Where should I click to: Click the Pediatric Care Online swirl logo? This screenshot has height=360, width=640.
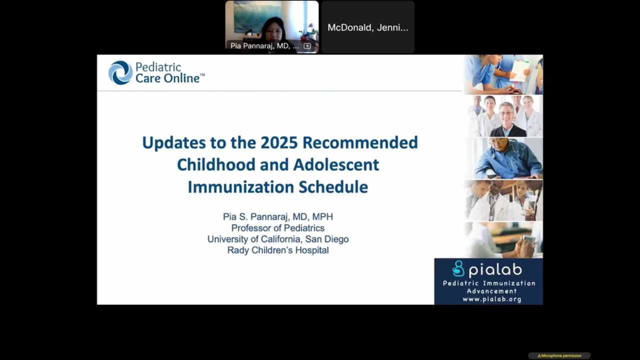(x=120, y=72)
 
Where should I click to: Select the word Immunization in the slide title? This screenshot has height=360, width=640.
(x=241, y=187)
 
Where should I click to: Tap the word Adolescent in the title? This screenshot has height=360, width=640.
(x=336, y=165)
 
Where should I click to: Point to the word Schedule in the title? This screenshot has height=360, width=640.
(x=333, y=187)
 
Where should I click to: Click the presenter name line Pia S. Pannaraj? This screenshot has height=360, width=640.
(x=278, y=217)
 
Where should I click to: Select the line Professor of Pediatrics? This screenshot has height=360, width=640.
(x=278, y=228)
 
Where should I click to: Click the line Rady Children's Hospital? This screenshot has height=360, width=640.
(x=278, y=250)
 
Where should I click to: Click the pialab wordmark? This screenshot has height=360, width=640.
(x=495, y=270)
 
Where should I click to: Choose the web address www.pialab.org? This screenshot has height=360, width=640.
(x=492, y=299)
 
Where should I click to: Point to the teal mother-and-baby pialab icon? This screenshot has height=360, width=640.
(x=458, y=268)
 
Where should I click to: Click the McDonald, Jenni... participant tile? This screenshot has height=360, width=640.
(x=368, y=27)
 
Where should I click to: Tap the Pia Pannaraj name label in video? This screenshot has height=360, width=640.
(x=264, y=46)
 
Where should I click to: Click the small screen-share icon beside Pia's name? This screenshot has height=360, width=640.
(x=307, y=46)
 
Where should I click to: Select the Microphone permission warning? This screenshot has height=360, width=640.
(x=559, y=355)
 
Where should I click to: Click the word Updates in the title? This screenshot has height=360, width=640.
(x=174, y=142)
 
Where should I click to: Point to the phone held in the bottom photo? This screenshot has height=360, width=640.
(x=528, y=240)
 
